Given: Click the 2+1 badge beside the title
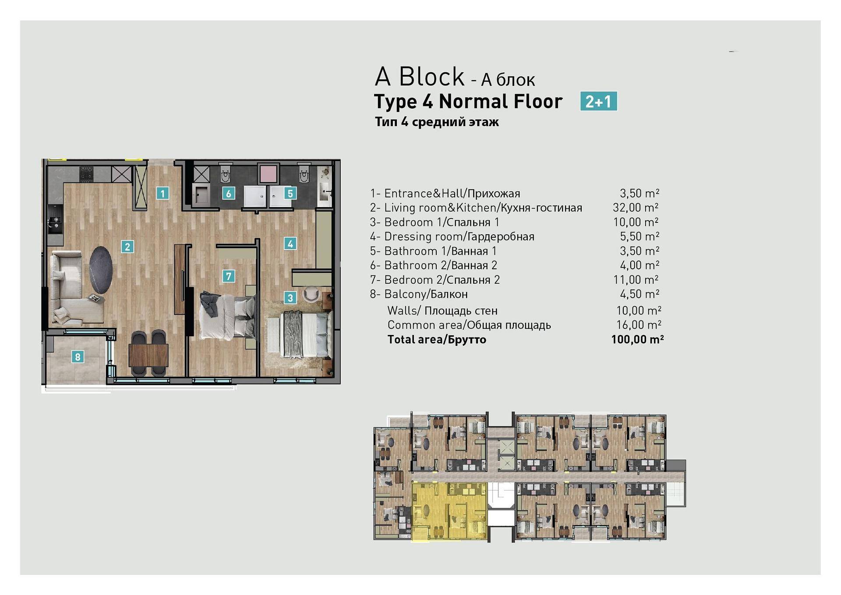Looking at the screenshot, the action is pos(598,101).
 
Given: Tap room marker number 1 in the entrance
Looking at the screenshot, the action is pos(163,193).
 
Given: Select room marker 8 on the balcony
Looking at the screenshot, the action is pos(78,357).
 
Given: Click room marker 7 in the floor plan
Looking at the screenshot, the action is pos(228,276).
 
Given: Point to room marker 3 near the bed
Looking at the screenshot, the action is pos(290,298).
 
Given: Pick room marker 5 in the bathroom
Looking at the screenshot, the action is pos(290,193).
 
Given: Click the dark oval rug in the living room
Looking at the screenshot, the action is pos(101,270).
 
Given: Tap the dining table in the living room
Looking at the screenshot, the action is pos(148,355).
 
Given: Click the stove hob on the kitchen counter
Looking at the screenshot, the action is pos(86,173).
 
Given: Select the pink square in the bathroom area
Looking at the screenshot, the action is pos(268,173).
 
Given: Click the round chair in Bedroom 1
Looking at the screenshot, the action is pos(311,294).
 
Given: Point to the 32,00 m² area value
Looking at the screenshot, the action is pos(636,208).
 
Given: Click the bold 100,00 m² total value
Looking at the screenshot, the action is pos(637,339).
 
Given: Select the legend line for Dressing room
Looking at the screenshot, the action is pos(452,236).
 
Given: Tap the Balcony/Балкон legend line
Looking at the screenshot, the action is pos(419,294).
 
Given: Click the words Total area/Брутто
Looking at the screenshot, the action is pos(437,339).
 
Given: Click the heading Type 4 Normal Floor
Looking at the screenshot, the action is pos(468,102).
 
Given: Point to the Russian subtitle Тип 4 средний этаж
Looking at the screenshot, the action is pos(437,122).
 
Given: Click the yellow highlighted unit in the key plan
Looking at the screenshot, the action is pos(449,511).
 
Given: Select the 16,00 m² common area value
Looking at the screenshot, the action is pos(639,325).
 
